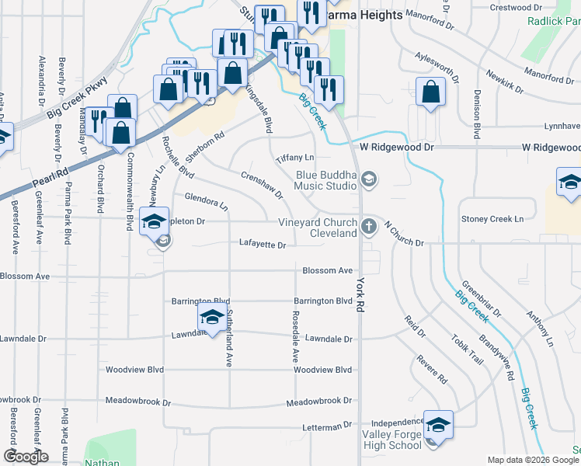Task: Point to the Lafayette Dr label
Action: click(263, 245)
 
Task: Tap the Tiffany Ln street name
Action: click(294, 158)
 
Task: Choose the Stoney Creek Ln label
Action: click(492, 220)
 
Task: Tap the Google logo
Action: click(26, 456)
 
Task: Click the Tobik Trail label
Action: click(470, 355)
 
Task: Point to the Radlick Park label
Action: click(554, 22)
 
